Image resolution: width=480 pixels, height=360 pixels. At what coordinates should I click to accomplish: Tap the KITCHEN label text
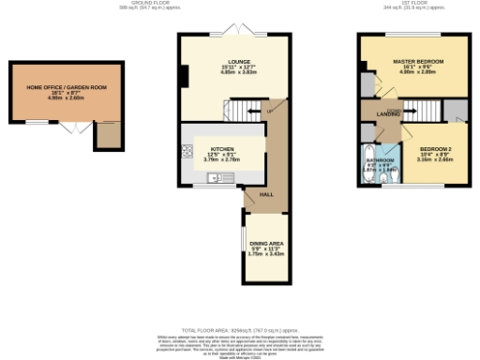[x=222, y=148]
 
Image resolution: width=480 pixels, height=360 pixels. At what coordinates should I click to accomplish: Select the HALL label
[x=266, y=194]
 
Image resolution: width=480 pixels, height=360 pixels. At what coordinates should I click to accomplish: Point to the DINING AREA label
[x=266, y=243]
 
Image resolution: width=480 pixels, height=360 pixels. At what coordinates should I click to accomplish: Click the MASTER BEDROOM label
[x=417, y=61]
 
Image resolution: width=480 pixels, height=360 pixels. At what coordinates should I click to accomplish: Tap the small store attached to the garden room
[x=110, y=137]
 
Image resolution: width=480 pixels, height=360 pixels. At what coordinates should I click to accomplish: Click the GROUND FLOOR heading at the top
[x=238, y=3]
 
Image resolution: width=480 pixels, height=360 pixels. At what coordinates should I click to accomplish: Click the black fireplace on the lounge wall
[x=185, y=76]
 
